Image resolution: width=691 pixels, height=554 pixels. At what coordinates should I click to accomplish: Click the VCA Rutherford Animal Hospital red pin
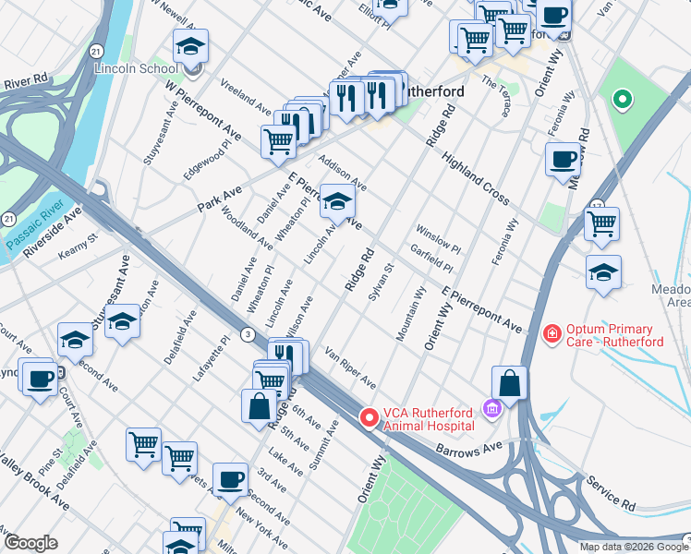coord(370,419)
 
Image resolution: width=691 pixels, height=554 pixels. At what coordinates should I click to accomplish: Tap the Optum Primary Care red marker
coord(552,331)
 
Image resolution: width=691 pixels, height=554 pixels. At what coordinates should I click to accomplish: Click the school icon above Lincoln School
coord(190,46)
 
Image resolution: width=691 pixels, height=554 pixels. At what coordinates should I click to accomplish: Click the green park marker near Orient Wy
coord(623,99)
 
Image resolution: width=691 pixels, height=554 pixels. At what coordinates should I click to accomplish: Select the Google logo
coord(30,543)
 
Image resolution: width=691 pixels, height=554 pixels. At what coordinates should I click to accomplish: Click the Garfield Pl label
coord(432,258)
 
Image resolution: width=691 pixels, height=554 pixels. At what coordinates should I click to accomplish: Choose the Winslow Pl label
coord(438,239)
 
